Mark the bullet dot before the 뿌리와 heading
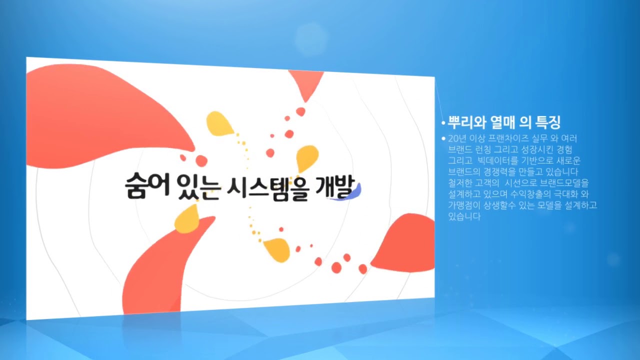tap(443, 123)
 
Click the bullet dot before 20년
tap(443, 138)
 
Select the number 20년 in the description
tap(457, 138)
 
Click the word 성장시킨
tap(536, 149)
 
